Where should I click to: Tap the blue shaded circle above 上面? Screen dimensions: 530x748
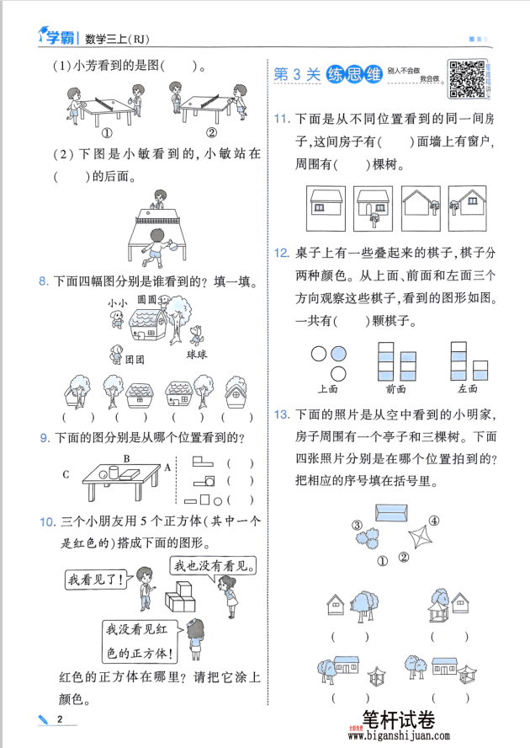(x=338, y=354)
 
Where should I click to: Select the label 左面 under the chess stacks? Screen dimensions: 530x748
(x=468, y=389)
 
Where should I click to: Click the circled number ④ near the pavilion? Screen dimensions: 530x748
(x=434, y=521)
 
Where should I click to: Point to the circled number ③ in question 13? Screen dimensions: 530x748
(x=358, y=526)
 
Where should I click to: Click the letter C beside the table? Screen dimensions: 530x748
(x=66, y=475)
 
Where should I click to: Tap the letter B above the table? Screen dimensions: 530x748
(x=126, y=459)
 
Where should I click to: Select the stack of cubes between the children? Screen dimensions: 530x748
(x=182, y=599)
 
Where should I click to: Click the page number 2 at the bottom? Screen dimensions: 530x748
(x=59, y=719)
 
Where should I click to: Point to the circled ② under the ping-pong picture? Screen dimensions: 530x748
(x=211, y=132)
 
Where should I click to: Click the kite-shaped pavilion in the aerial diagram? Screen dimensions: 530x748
(x=419, y=538)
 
